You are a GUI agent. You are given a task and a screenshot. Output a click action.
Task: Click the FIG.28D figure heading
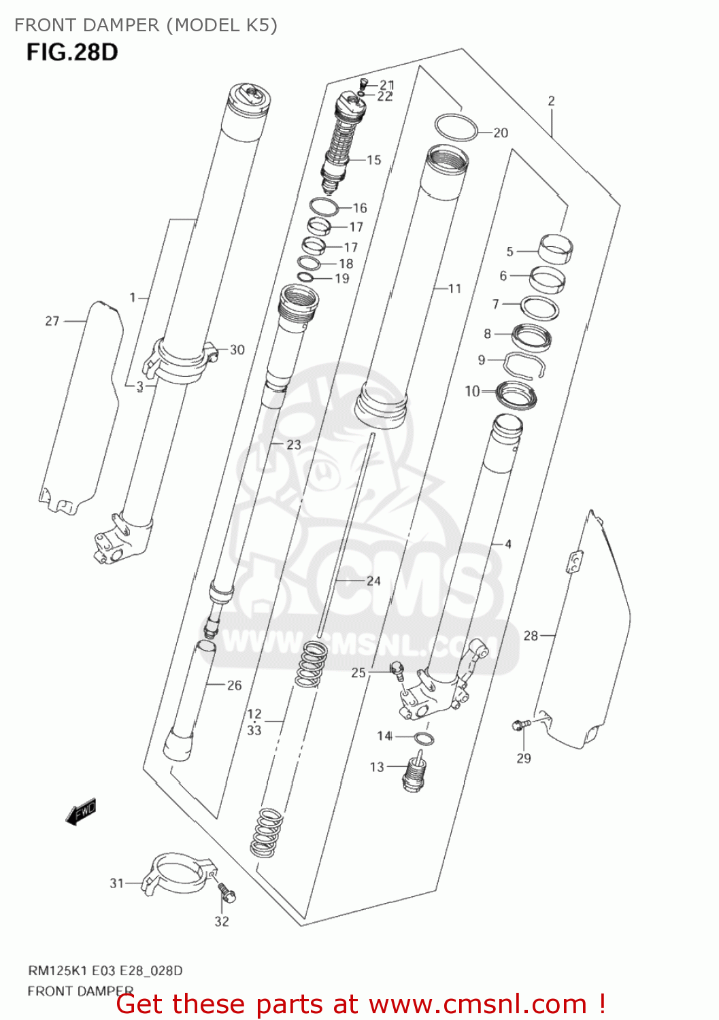tap(72, 52)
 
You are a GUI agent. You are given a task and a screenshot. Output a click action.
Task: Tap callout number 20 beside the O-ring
tap(501, 133)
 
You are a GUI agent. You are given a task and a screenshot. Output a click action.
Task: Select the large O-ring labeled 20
tap(456, 127)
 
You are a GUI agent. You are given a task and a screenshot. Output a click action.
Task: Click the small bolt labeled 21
tap(363, 84)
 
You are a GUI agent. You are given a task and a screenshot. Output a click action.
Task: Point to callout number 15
tap(374, 160)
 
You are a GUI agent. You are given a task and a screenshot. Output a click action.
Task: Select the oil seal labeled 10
tap(517, 395)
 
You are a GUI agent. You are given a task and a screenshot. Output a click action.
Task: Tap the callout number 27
tap(52, 320)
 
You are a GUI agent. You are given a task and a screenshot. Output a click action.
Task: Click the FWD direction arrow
tap(81, 812)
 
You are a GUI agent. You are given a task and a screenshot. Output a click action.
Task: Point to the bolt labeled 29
tap(519, 726)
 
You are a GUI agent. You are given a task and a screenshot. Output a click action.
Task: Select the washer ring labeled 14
tap(425, 738)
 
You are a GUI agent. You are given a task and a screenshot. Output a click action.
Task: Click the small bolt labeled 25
tap(397, 670)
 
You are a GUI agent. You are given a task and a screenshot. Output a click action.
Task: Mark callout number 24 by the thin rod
tap(373, 581)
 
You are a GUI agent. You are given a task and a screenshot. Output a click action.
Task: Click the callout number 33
tap(254, 730)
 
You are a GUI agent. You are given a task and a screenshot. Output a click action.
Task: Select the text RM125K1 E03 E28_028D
tap(105, 970)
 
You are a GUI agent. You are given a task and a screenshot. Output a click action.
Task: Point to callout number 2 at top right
tap(551, 101)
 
